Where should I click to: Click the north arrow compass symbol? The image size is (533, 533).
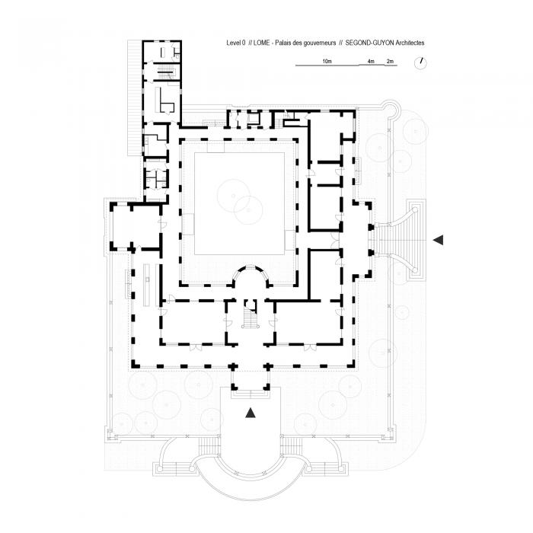coord(420,65)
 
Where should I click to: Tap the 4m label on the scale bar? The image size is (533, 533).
coord(370,60)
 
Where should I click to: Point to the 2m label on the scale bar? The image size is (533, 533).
coord(390,60)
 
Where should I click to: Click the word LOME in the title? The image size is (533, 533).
coord(263,45)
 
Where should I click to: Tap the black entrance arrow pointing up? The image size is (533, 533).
coord(250,413)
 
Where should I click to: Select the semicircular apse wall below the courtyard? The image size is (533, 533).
coord(250,273)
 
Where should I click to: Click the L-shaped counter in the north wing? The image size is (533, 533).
coord(166,101)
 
